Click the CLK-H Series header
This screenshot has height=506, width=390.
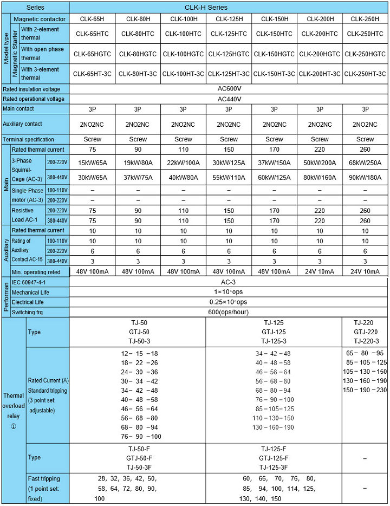(229, 8)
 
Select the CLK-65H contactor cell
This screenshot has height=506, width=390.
(92, 18)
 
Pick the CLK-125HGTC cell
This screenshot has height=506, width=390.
(229, 54)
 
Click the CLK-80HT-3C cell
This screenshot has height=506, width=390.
(138, 74)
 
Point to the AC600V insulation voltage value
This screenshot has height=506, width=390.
(229, 89)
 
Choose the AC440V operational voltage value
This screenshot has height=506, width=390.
(229, 99)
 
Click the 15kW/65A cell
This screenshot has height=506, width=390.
(92, 163)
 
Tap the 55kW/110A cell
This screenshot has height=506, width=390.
(229, 177)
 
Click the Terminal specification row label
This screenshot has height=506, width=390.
(28, 139)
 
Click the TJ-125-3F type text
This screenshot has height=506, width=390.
(274, 467)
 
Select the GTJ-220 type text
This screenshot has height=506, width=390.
(366, 332)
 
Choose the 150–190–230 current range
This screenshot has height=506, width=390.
(366, 390)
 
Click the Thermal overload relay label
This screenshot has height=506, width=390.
(13, 411)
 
